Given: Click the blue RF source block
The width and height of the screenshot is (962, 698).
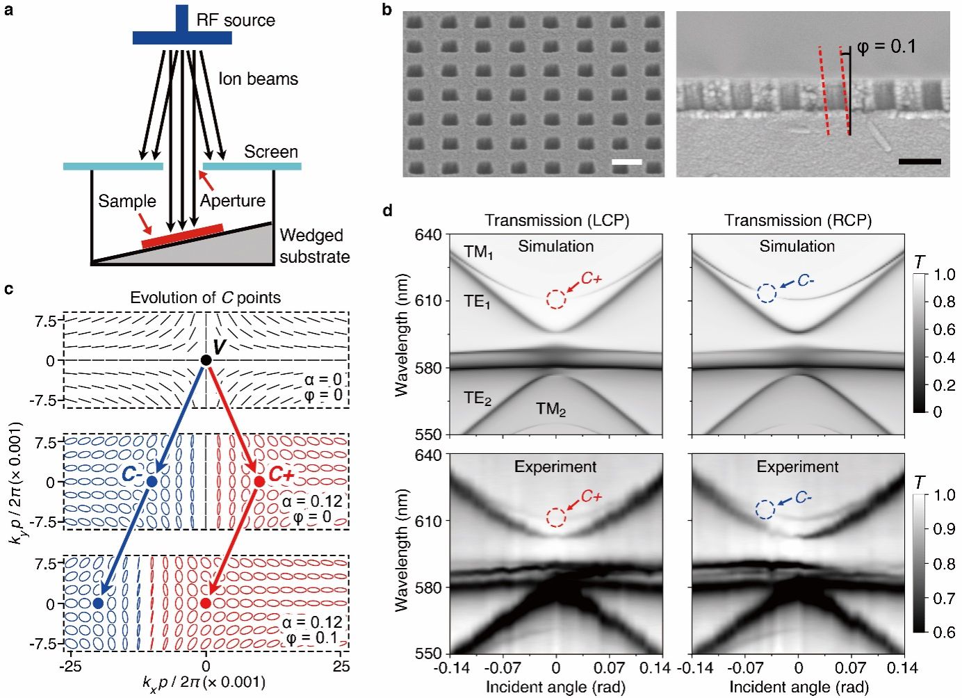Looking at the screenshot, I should click(x=182, y=36).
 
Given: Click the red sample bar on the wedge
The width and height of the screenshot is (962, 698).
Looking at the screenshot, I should click(x=182, y=236).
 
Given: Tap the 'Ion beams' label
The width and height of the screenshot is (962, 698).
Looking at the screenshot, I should click(x=258, y=79).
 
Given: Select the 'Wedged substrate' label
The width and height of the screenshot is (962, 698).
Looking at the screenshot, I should click(x=314, y=246).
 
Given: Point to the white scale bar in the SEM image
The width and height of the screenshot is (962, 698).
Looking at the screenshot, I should click(x=627, y=163).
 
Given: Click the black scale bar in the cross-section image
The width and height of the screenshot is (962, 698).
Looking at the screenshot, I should click(x=919, y=162).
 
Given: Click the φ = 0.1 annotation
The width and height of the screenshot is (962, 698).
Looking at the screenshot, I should click(x=886, y=47).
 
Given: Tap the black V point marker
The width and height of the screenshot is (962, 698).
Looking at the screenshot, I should click(x=206, y=360).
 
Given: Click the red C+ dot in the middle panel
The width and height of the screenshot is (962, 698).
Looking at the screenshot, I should click(x=259, y=482).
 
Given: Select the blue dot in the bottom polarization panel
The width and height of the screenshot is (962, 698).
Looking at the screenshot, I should click(x=98, y=603).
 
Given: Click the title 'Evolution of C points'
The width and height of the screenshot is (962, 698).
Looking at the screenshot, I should click(x=205, y=298).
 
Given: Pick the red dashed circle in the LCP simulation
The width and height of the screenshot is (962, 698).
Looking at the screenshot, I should click(x=556, y=299).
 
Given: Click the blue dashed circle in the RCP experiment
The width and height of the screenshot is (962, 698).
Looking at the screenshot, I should click(x=765, y=510).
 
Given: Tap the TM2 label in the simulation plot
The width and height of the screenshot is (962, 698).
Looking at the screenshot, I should click(x=551, y=409).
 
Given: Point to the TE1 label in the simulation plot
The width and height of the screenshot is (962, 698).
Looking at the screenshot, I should click(x=478, y=302).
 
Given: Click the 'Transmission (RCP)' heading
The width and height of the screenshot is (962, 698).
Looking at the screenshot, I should click(x=798, y=220).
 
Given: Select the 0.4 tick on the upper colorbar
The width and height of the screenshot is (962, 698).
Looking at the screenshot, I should click(x=944, y=357).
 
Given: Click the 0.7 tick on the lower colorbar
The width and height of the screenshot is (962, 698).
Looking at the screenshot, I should click(x=944, y=598).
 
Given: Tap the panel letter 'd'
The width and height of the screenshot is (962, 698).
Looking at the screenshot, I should click(x=387, y=210).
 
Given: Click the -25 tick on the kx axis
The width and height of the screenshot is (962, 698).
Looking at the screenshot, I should click(x=70, y=666).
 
